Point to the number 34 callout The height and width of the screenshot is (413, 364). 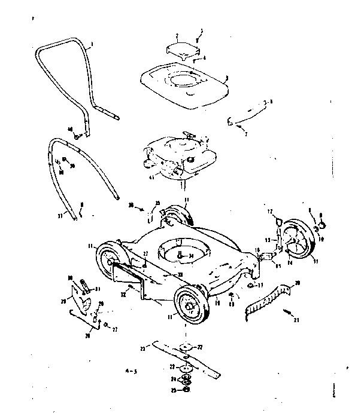click(192, 257)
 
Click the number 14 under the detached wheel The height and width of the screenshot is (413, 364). click(290, 262)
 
